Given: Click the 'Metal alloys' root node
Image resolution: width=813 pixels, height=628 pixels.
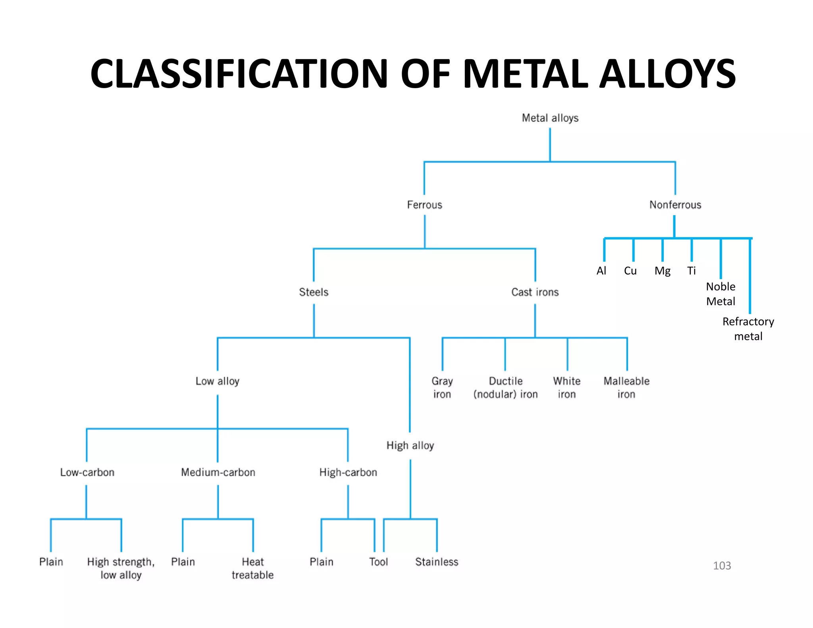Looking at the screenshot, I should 550,118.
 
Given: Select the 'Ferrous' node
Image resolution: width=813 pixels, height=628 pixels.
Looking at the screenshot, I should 424,205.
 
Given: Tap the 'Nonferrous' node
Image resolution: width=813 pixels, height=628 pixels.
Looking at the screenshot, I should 675,205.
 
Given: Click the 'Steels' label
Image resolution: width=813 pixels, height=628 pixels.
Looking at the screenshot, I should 314,292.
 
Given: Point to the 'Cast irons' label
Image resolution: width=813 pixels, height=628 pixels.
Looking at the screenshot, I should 535,292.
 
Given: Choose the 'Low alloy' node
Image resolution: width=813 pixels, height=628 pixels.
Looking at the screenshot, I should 218,381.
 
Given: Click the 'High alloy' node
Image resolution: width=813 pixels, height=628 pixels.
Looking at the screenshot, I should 410,445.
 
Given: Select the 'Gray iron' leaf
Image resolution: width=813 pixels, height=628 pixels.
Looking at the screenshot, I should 442,387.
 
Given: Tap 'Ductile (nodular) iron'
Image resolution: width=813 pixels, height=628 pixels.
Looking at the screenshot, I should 505,387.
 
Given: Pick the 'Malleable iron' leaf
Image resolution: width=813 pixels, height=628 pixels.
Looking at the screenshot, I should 626,387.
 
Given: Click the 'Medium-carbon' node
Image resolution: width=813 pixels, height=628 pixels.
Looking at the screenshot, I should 218,472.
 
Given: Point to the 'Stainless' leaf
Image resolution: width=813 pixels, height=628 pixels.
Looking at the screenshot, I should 437,562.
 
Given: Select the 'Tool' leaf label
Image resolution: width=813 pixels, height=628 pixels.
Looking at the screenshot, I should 378,562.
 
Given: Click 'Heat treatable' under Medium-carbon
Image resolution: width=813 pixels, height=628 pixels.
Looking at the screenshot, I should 252,568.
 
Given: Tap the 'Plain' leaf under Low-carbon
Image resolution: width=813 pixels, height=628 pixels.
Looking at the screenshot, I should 51,562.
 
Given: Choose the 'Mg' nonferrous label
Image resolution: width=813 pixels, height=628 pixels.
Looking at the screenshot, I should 662,271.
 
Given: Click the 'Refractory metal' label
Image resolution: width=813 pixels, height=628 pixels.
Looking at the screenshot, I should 748,329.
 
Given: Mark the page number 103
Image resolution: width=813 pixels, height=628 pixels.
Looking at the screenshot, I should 722,566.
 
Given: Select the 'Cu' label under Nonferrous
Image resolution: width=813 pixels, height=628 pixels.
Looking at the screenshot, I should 630,271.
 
